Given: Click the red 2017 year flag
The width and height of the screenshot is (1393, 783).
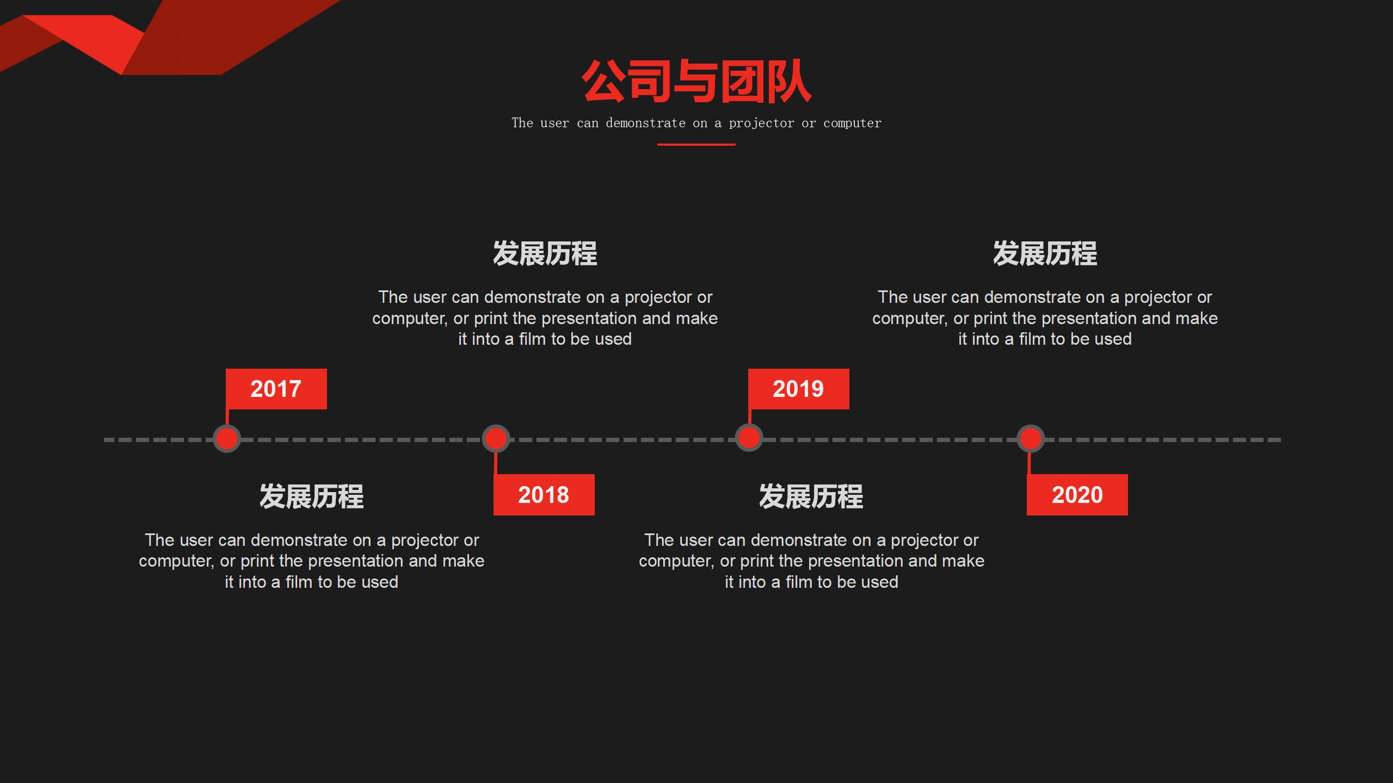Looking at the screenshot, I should (276, 389).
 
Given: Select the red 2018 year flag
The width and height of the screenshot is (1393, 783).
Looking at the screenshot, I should (544, 495).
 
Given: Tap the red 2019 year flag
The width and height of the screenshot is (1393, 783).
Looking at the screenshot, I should (798, 389).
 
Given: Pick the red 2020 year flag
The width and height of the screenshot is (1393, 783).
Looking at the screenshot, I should (1077, 495).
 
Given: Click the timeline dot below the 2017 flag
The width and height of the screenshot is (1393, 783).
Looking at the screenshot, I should (226, 438).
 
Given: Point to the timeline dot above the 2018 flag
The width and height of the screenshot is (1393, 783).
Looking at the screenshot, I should (495, 438).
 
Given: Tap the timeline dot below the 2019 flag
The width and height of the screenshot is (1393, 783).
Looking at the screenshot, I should (748, 438).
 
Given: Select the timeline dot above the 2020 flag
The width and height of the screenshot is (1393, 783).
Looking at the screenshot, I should (1030, 438).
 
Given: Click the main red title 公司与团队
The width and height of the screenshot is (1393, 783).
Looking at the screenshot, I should (696, 82).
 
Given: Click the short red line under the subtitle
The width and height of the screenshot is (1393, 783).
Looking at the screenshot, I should (696, 145).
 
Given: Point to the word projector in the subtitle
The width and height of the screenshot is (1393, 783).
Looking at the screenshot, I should (761, 123).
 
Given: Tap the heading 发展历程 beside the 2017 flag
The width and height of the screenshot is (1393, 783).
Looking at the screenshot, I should (311, 496).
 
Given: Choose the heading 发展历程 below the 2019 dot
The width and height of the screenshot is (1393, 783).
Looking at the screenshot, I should (811, 496).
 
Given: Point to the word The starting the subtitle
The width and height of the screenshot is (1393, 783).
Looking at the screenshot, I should (522, 123).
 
